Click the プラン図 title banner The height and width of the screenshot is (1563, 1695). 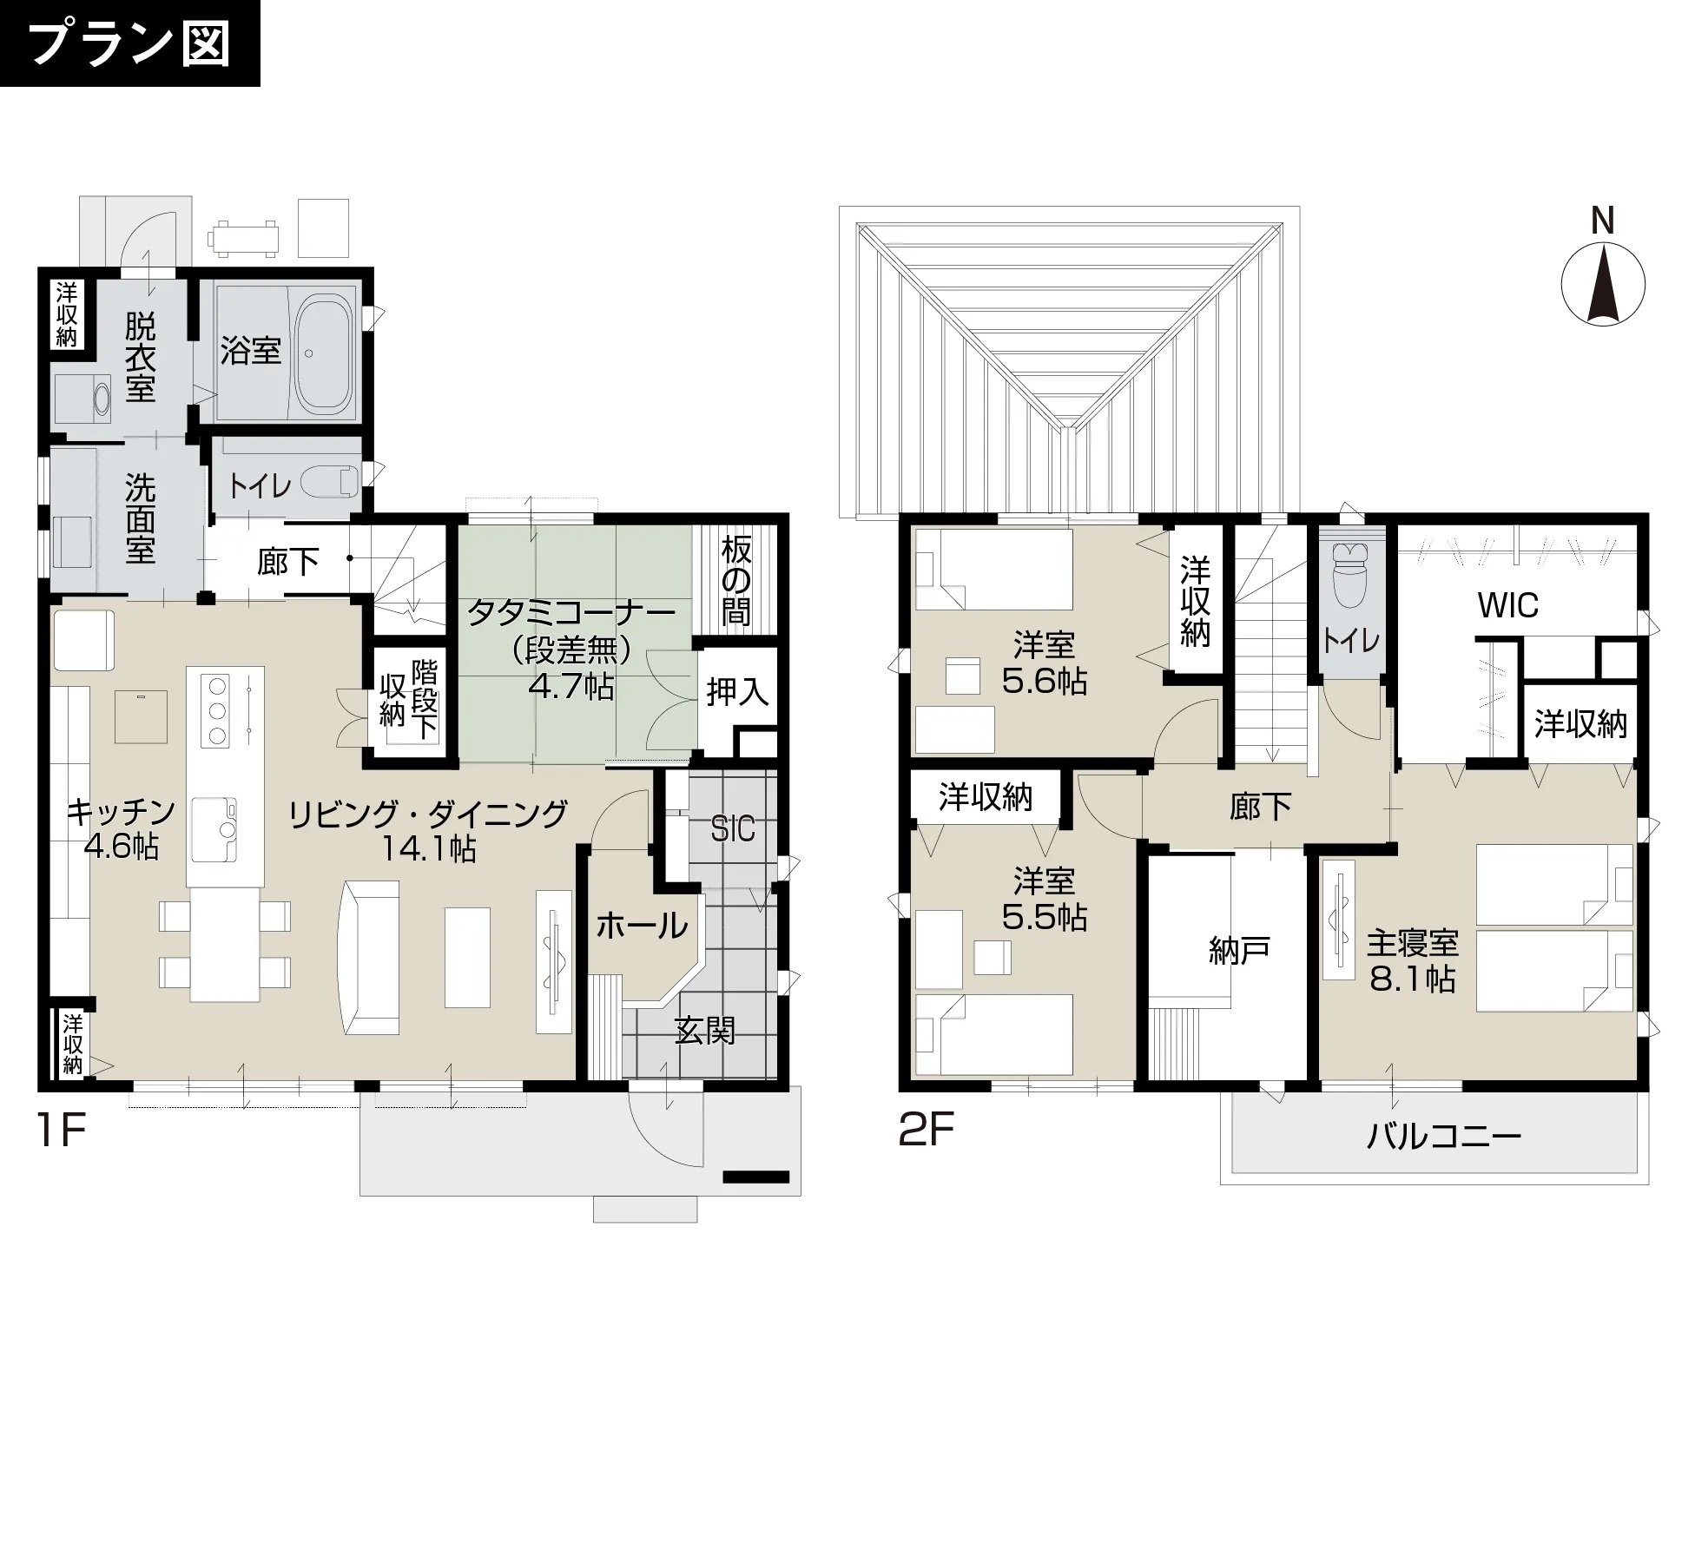pyautogui.click(x=130, y=43)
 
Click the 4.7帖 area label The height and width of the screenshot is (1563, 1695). pyautogui.click(x=571, y=687)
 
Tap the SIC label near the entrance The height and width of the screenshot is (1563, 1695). pyautogui.click(x=733, y=830)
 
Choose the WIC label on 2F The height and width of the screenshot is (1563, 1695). pyautogui.click(x=1508, y=605)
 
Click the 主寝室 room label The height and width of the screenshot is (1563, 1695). pyautogui.click(x=1413, y=942)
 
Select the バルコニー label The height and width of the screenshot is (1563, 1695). pyautogui.click(x=1444, y=1137)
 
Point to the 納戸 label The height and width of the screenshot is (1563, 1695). pyautogui.click(x=1239, y=952)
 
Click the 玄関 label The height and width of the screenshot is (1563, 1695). pyautogui.click(x=705, y=1031)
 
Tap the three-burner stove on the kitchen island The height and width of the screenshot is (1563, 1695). pyautogui.click(x=217, y=710)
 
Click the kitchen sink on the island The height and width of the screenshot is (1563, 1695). pyautogui.click(x=214, y=829)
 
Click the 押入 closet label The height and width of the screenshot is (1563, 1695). pyautogui.click(x=737, y=692)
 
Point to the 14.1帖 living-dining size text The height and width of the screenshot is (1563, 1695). pyautogui.click(x=429, y=848)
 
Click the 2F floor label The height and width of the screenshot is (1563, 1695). pyautogui.click(x=927, y=1130)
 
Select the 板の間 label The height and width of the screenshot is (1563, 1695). pyautogui.click(x=736, y=581)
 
